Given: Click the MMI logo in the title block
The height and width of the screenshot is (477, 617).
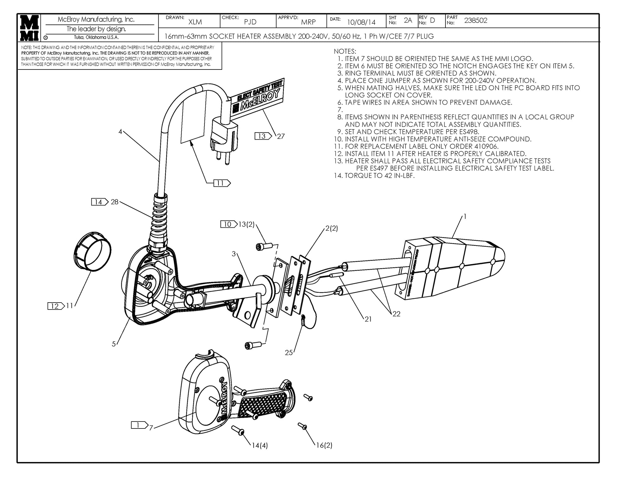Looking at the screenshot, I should coord(29,28).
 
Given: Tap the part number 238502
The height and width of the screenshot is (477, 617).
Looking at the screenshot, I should coord(476,21).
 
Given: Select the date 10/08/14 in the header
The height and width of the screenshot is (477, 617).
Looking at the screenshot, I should coord(361,22).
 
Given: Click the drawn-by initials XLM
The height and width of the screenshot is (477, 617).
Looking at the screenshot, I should coord(195,22).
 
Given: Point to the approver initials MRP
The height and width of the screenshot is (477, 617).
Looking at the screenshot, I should coord(308,22).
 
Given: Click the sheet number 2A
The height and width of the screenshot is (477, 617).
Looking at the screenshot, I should coord(408,20).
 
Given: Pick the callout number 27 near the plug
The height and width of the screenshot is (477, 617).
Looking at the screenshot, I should coord(281,136).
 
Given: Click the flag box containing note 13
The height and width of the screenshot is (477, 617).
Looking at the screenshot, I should coord(263,136).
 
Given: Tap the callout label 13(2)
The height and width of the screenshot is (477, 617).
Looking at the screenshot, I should coord(246,225).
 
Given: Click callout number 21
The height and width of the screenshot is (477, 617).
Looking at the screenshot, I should coord(368,319).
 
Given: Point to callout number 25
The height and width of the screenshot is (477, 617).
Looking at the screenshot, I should coord(289,353).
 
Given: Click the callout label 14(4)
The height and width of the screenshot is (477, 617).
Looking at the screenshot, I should coord(260,446).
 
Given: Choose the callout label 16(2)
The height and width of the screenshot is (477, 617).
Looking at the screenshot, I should coord(324,445).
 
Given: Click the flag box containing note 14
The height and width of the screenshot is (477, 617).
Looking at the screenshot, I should coord(99,202).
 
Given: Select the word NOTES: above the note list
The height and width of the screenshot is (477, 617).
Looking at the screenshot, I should coord(345,51).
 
